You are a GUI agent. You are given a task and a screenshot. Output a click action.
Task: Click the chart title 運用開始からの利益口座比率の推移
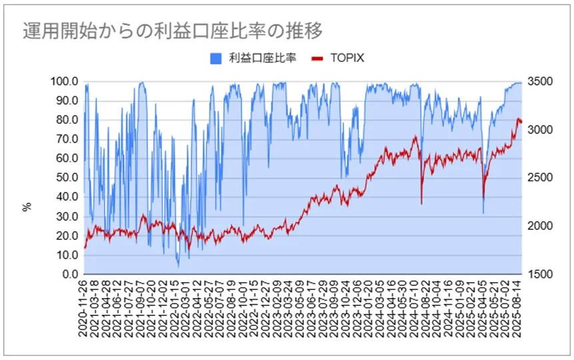tap(172, 31)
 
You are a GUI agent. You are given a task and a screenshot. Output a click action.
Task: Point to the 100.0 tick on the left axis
tap(65, 81)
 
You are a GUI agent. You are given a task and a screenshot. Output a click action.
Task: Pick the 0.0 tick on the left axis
tap(71, 274)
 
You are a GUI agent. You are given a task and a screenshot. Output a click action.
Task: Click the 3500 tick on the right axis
tap(540, 81)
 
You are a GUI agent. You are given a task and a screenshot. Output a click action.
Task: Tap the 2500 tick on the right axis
tap(540, 178)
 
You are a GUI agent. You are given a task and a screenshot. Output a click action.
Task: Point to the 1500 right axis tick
tap(540, 274)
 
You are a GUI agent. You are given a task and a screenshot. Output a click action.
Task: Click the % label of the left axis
tap(27, 207)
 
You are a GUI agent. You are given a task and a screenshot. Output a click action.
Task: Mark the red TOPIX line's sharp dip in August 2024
tap(421, 203)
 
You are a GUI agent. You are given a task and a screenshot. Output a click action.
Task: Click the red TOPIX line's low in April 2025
tap(483, 198)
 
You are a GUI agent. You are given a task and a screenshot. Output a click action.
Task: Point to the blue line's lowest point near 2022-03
tap(178, 267)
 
